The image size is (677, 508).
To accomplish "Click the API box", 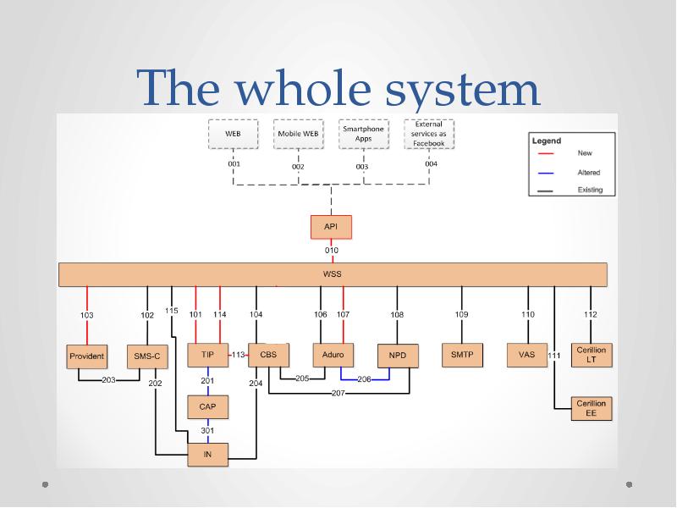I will pos(331,227).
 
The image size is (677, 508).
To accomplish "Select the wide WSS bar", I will pos(333,274).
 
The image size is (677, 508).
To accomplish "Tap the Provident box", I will pos(86,356).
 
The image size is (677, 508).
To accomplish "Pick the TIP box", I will pos(207,355).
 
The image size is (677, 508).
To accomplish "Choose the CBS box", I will pos(268,355).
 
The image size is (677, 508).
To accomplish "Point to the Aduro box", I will pos(333,355).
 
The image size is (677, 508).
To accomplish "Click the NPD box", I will pos(398,356).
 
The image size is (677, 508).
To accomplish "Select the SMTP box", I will pos(462,355).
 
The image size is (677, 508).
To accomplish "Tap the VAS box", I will pos(526,355).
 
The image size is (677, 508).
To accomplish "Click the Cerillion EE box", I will pos(591,408).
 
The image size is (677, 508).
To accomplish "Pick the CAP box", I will pos(207,407).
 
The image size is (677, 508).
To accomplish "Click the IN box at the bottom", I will pos(207,455).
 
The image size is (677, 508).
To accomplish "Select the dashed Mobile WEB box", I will pos(298,134).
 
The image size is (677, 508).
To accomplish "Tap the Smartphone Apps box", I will pos(363,134).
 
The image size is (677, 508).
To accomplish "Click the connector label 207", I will pos(338,394).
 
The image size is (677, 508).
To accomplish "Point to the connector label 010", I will pos(332,251).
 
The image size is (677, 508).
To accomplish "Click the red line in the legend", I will pos(547,154).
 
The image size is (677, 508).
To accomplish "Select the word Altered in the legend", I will pos(589,172).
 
